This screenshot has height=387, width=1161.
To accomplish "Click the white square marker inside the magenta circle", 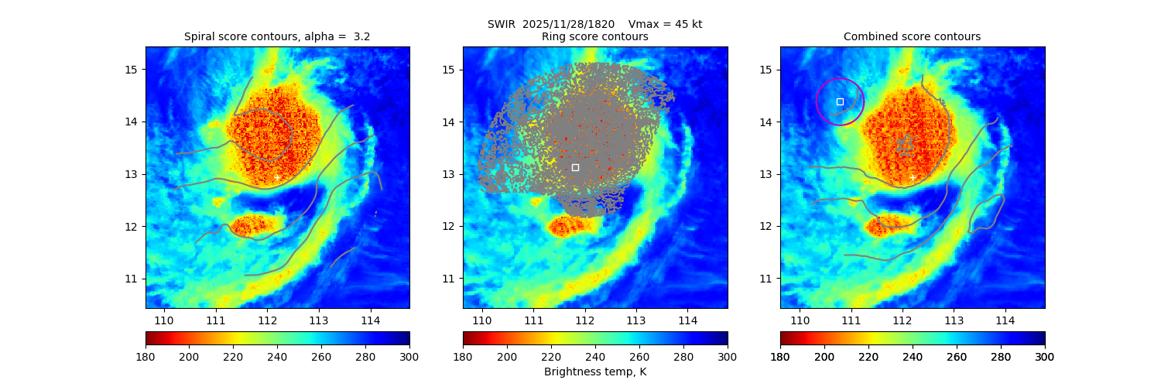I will tap(840, 101).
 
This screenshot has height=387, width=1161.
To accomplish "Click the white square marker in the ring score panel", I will tap(575, 167).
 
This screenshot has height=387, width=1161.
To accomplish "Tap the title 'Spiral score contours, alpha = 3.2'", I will tap(277, 36).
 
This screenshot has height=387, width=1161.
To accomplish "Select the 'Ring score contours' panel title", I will tap(595, 36).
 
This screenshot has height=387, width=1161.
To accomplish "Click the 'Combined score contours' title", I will tap(912, 36).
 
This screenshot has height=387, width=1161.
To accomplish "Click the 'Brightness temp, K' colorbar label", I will tap(595, 372).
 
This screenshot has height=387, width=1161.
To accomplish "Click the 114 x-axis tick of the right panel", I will tap(1005, 320).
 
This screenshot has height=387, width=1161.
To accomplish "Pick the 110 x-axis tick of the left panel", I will tap(164, 320).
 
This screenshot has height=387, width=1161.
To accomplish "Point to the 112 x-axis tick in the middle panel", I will tap(584, 320).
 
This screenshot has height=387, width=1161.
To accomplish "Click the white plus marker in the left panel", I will tap(277, 177).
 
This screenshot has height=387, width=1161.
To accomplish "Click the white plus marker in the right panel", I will tap(912, 177).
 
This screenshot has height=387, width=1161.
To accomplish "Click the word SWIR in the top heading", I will tap(501, 24).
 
